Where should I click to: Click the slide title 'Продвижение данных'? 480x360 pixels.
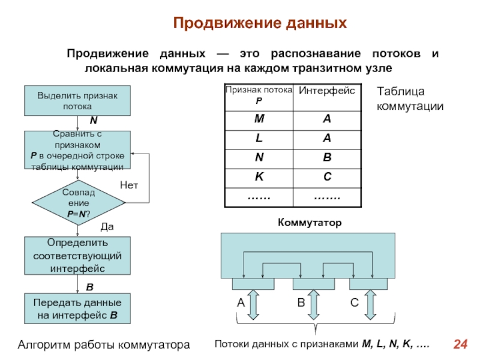point(260,23)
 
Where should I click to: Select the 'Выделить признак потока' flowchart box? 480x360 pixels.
point(77,100)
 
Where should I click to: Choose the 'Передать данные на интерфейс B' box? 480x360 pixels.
point(77,308)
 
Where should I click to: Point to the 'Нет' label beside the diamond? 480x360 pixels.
point(129,185)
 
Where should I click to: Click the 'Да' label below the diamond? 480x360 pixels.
point(107,227)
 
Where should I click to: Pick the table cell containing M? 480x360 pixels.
point(258,119)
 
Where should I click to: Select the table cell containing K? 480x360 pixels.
point(258,178)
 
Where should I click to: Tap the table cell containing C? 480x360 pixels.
point(327,178)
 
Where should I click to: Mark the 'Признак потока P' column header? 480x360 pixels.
point(259,95)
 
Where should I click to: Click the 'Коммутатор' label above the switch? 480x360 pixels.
point(309,223)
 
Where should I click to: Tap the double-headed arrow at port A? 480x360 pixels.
point(253,304)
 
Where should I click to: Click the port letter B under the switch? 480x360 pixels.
point(301,304)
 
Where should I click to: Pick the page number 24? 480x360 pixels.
point(460,344)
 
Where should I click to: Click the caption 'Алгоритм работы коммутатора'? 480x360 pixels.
point(104,345)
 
